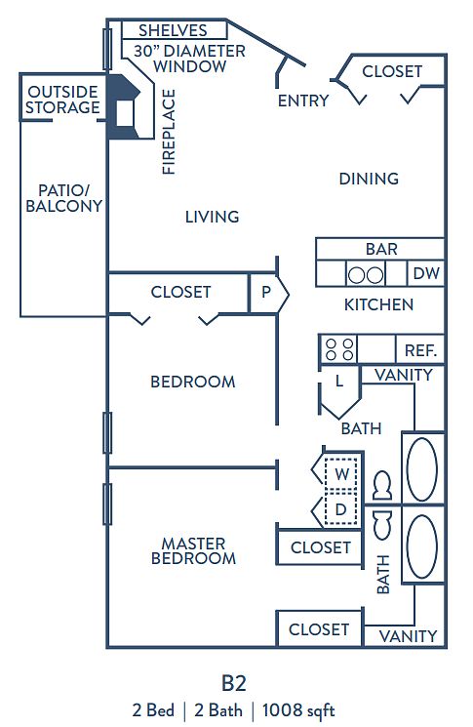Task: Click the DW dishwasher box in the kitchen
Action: (x=426, y=273)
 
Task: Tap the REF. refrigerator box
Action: (x=420, y=349)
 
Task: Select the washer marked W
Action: (x=341, y=474)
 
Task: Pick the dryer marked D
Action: (x=341, y=508)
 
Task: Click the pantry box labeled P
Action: (x=266, y=293)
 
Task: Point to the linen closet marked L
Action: (x=339, y=387)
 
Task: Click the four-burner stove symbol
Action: (x=339, y=349)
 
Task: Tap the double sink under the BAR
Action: (x=366, y=274)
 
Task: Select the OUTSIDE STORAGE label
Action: (x=62, y=100)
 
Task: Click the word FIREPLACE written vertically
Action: (x=169, y=132)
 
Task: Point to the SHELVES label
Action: (x=173, y=30)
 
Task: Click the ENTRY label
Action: (x=303, y=101)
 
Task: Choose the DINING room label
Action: (x=369, y=179)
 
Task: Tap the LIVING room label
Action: (x=213, y=217)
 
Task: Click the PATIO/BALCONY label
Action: (x=64, y=198)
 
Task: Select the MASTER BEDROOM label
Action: (x=194, y=550)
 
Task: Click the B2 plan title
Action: (x=233, y=683)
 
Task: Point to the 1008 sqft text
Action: (x=298, y=709)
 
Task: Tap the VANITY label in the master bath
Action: (x=408, y=635)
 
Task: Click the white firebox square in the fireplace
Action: (x=125, y=113)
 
